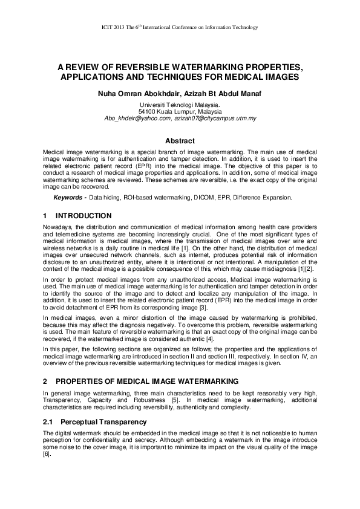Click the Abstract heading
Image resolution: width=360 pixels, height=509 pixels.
pos(180,141)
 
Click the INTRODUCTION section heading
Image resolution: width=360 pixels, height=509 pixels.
pos(83,216)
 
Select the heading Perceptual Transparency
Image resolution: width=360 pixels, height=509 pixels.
pos(100,421)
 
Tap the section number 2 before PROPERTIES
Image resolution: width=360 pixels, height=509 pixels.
pos(45,381)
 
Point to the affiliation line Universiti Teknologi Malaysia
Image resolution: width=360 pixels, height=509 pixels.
pos(180,105)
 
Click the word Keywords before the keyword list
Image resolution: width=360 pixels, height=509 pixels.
pos(68,198)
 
